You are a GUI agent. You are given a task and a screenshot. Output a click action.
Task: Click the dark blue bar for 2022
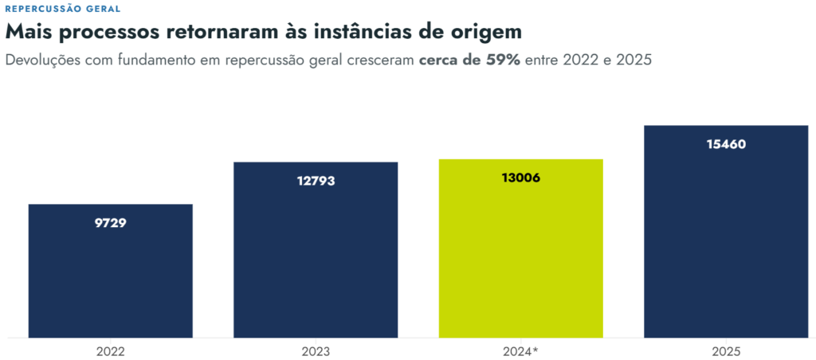click(110, 271)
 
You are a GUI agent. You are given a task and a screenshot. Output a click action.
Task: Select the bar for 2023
click(316, 250)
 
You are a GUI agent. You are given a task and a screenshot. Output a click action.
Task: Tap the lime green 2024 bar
click(521, 248)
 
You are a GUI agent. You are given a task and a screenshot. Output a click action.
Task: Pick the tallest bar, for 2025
click(726, 232)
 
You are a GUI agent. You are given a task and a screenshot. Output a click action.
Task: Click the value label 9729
click(110, 224)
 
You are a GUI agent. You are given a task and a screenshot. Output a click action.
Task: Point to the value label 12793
click(316, 182)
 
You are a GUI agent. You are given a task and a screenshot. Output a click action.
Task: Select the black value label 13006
click(521, 178)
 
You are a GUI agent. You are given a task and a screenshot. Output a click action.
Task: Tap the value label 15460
click(726, 145)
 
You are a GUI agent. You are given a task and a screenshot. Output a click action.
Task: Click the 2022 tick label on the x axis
click(110, 352)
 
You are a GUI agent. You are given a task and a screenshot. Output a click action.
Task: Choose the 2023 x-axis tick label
click(316, 352)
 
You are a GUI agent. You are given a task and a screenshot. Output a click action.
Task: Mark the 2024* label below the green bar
click(521, 352)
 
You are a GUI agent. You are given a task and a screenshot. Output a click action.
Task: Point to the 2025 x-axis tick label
click(726, 352)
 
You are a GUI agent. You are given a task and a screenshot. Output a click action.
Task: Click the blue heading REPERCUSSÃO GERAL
click(62, 9)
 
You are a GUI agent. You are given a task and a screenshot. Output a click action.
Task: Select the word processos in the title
click(109, 33)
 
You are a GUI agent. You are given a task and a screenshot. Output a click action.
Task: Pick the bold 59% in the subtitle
click(503, 60)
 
